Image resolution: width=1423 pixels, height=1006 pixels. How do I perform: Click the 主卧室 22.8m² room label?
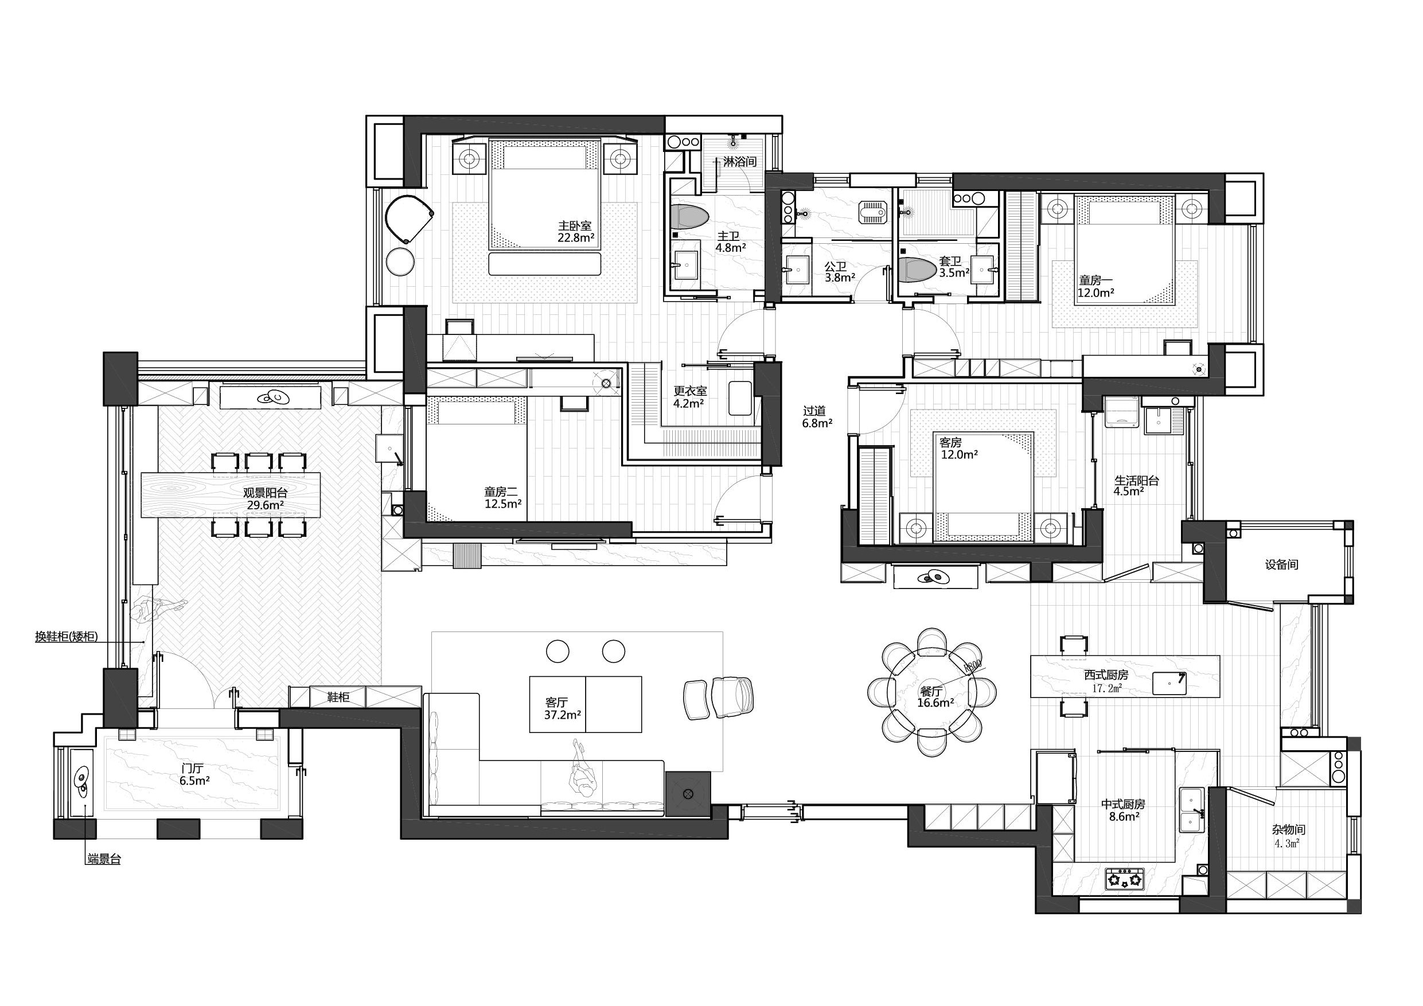pyautogui.click(x=575, y=232)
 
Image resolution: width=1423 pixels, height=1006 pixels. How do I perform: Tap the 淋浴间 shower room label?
pyautogui.click(x=740, y=162)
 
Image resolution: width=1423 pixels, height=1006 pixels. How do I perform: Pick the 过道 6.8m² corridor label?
pyautogui.click(x=817, y=417)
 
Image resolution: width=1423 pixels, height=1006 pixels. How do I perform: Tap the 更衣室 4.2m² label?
pyautogui.click(x=690, y=397)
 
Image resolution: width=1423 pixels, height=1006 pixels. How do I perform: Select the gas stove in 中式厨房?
pyautogui.click(x=1124, y=879)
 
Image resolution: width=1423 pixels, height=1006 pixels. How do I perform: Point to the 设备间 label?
pyautogui.click(x=1281, y=565)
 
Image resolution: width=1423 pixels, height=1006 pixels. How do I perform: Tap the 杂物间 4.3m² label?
pyautogui.click(x=1289, y=836)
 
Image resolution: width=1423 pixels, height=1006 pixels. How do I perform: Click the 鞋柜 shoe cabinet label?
pyautogui.click(x=338, y=697)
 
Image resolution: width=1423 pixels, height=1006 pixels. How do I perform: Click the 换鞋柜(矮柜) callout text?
pyautogui.click(x=67, y=636)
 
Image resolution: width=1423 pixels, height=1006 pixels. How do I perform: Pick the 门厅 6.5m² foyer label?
pyautogui.click(x=194, y=774)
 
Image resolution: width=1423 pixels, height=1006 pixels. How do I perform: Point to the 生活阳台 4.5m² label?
pyautogui.click(x=1137, y=486)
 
